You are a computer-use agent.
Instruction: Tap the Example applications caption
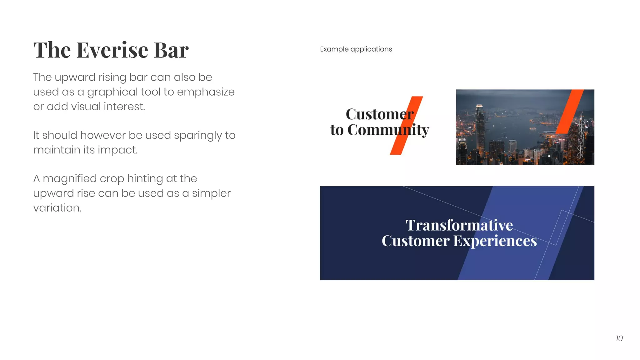point(356,49)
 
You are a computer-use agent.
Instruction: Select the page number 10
point(619,338)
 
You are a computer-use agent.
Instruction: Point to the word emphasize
point(206,92)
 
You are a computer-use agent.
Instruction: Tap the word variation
point(57,208)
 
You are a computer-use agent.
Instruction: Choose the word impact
point(118,150)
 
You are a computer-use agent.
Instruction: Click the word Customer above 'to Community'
point(379,114)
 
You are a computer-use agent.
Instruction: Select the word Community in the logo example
point(388,130)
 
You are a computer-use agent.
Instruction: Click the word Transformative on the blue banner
point(459,225)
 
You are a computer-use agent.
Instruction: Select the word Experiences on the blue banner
point(495,241)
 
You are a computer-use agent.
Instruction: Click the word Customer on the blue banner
point(415,241)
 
